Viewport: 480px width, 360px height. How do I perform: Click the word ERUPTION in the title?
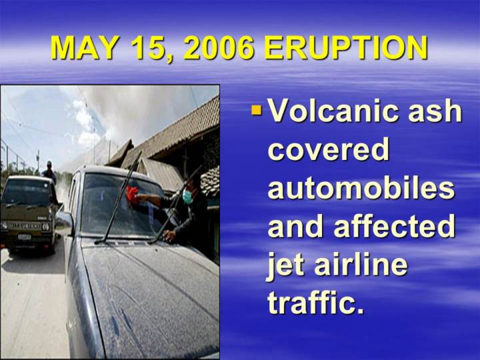[x=345, y=48]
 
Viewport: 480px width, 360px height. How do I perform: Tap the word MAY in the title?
[x=83, y=48]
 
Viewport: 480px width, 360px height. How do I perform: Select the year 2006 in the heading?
[x=219, y=48]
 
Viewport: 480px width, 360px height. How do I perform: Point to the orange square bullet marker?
[x=257, y=111]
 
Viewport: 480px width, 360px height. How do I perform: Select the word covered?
[x=329, y=150]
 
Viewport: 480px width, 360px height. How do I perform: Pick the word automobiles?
[x=361, y=187]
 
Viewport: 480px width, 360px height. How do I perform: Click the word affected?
[x=394, y=226]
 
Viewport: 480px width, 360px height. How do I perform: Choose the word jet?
[x=286, y=266]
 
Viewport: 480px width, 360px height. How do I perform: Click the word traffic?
[x=316, y=303]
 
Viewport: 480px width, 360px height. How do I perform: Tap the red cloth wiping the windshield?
[x=132, y=195]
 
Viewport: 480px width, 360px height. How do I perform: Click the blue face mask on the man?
[x=188, y=197]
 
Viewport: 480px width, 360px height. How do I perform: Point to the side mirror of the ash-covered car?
[x=64, y=221]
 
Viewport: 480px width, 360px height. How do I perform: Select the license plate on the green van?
[x=25, y=237]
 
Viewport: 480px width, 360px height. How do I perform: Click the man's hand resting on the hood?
[x=169, y=236]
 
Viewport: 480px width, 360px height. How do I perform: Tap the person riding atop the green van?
[x=49, y=172]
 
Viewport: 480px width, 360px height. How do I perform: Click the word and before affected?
[x=296, y=226]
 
